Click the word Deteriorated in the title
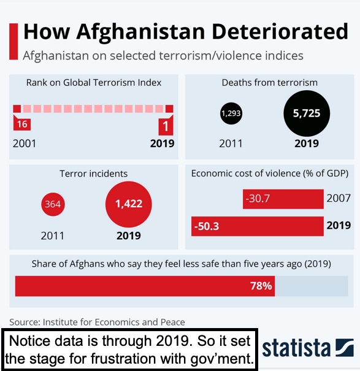(280, 31)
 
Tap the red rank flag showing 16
(22, 123)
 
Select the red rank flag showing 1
(166, 125)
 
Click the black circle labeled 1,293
(231, 113)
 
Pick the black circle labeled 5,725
(307, 113)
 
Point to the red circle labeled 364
(53, 204)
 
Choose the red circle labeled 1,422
(129, 204)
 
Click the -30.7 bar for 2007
(283, 199)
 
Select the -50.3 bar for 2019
(258, 226)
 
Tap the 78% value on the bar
(261, 286)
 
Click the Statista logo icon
(345, 348)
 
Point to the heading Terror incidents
(93, 174)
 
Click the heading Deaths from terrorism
(270, 83)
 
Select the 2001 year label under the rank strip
(25, 143)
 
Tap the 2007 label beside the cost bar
(339, 198)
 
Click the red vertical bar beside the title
(13, 42)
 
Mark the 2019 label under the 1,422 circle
(129, 235)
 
